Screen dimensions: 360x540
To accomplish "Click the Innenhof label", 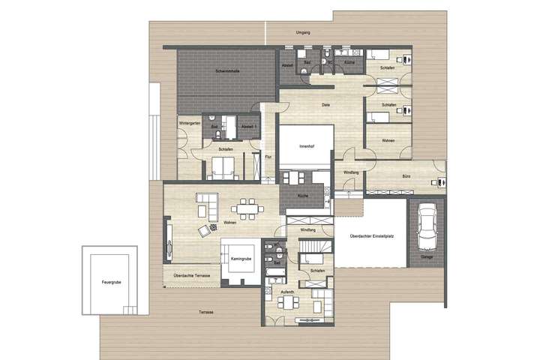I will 304,146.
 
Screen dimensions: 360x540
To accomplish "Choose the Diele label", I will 326,105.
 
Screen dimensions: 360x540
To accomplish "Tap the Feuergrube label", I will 111,282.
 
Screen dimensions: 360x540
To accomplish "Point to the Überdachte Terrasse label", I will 190,276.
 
